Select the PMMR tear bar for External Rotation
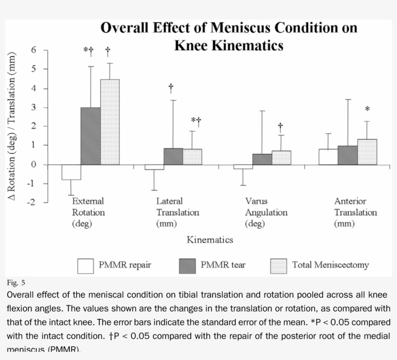[91, 136]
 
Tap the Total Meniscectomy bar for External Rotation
[110, 122]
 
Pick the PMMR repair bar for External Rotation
[71, 172]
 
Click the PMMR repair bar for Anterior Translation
[328, 157]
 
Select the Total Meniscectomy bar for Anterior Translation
[367, 152]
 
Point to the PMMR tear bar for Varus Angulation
[262, 159]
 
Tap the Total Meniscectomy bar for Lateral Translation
[193, 157]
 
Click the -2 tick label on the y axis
[31, 202]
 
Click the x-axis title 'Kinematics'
[210, 240]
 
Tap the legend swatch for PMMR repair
[86, 265]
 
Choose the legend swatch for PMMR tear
[187, 265]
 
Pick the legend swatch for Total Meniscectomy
[278, 265]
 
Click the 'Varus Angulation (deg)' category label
[266, 212]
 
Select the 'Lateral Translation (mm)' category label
[177, 212]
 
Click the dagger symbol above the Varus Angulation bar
[280, 127]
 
